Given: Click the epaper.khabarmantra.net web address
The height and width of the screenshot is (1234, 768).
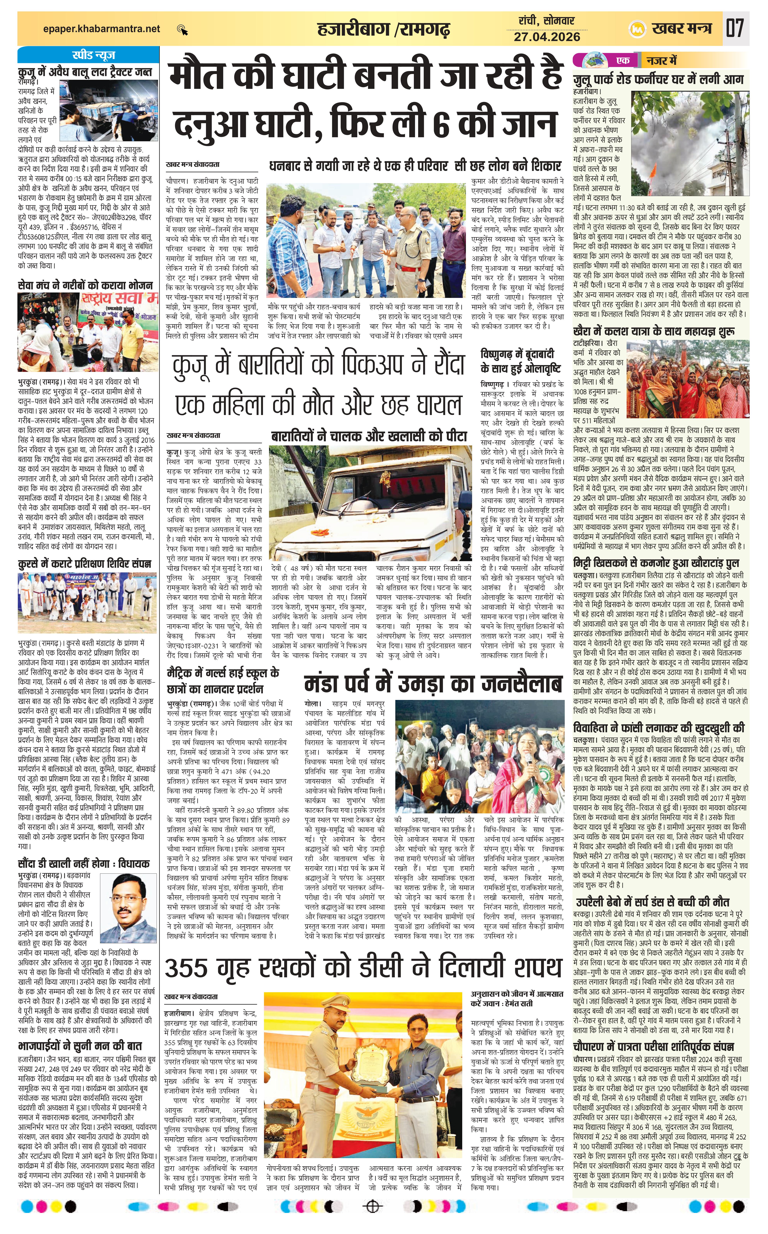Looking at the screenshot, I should pyautogui.click(x=102, y=29).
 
